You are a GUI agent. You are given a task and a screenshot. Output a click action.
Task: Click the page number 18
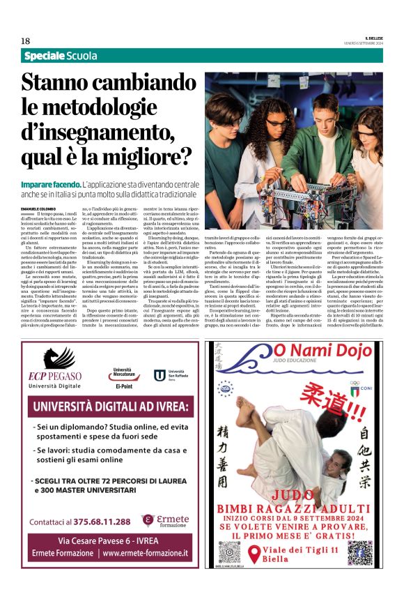coord(26,41)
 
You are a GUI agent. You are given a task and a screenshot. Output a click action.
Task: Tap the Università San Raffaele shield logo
coord(160,375)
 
